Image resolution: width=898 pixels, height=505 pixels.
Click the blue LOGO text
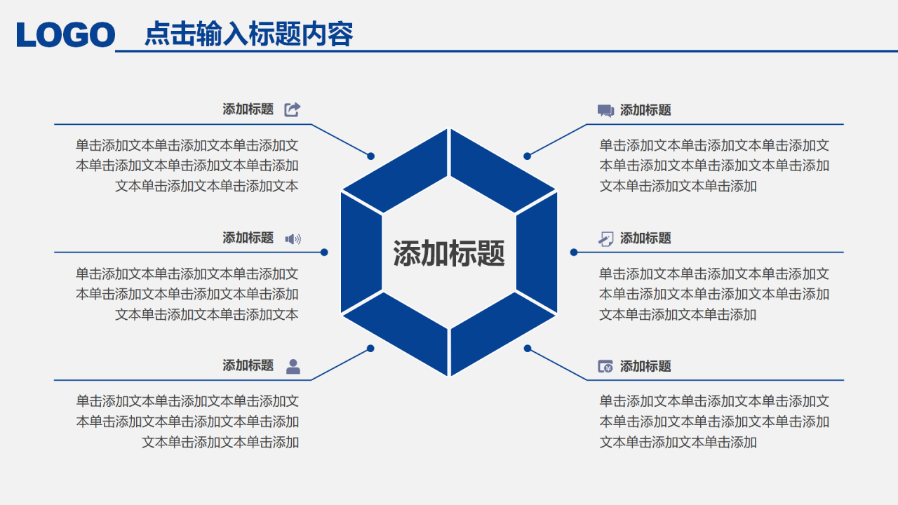pyautogui.click(x=66, y=34)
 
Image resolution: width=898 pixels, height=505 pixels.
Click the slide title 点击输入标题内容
pyautogui.click(x=248, y=34)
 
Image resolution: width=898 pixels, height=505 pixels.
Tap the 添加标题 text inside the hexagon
pyautogui.click(x=449, y=253)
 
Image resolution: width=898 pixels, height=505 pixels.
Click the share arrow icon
pyautogui.click(x=293, y=109)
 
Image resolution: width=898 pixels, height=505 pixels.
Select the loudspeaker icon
pyautogui.click(x=293, y=238)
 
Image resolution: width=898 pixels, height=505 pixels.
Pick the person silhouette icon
pyautogui.click(x=293, y=366)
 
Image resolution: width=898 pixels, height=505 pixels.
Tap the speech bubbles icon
pyautogui.click(x=605, y=110)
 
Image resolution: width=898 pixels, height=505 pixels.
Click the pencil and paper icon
pyautogui.click(x=605, y=238)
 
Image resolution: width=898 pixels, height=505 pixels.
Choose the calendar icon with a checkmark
pyautogui.click(x=605, y=366)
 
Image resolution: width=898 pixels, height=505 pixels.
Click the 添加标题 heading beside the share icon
pyautogui.click(x=248, y=109)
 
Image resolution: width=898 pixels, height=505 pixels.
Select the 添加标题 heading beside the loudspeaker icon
pyautogui.click(x=248, y=238)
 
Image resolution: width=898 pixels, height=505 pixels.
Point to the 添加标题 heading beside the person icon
pyautogui.click(x=248, y=365)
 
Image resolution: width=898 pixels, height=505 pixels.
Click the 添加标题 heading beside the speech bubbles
pyautogui.click(x=645, y=110)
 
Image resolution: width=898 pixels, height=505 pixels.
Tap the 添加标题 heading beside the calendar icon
pyautogui.click(x=645, y=366)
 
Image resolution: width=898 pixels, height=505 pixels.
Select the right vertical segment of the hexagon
pyautogui.click(x=537, y=252)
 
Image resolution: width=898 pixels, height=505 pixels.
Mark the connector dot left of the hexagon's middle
pyautogui.click(x=324, y=252)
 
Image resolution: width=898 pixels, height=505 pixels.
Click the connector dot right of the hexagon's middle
pyautogui.click(x=574, y=252)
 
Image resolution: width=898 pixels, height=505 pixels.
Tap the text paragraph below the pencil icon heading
pyautogui.click(x=714, y=294)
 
